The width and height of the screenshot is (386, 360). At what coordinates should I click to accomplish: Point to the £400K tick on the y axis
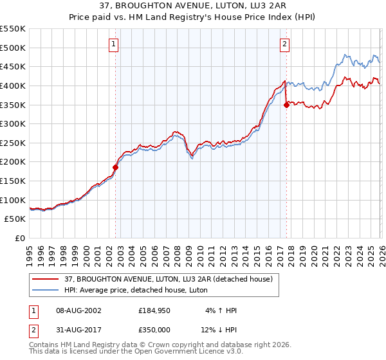[x=13, y=85]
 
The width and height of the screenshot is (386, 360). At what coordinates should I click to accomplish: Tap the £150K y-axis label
[x=13, y=181]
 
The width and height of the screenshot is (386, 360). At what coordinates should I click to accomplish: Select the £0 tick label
[x=19, y=239]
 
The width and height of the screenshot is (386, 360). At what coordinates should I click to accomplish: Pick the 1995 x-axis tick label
[x=30, y=255]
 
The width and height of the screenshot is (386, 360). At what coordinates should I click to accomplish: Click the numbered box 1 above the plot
[x=113, y=44]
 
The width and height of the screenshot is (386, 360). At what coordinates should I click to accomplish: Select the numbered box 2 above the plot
[x=284, y=44]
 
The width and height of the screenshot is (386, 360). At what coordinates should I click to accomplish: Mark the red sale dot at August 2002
[x=116, y=167]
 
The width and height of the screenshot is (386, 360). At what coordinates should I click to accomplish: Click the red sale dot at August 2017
[x=286, y=105]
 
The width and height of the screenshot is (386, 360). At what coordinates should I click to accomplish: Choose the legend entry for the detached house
[x=167, y=278]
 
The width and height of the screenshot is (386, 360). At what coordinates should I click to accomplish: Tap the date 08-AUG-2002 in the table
[x=78, y=310]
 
